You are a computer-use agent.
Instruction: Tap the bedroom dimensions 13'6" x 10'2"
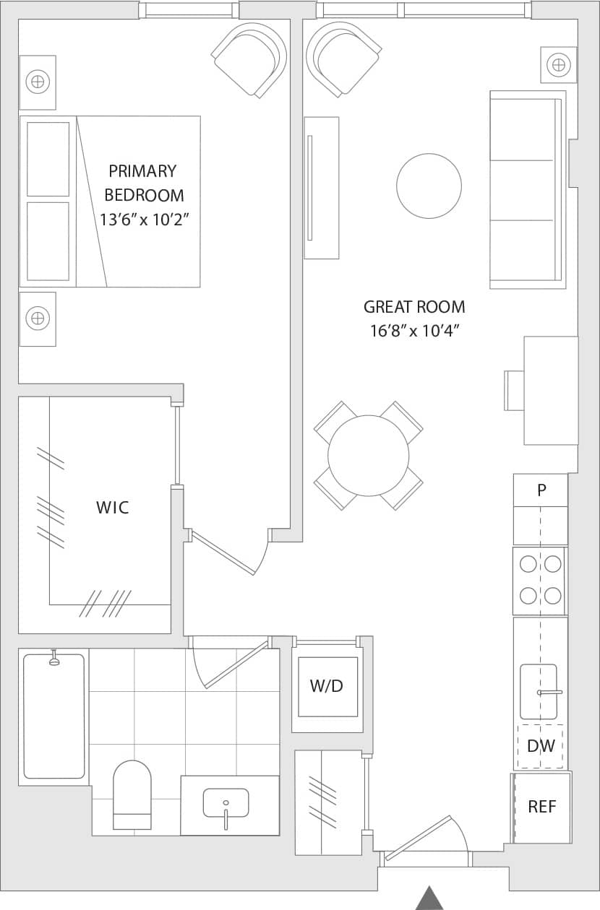[x=144, y=220]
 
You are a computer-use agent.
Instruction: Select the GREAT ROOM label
[x=414, y=307]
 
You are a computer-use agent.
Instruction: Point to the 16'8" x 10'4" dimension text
[x=414, y=331]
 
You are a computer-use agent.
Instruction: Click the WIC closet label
[x=113, y=507]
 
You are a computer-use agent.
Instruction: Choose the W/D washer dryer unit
[x=327, y=686]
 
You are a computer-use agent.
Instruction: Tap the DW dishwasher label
[x=540, y=746]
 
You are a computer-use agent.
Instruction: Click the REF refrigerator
[x=541, y=807]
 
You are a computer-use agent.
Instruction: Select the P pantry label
[x=541, y=490]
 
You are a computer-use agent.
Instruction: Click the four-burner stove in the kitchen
[x=540, y=580]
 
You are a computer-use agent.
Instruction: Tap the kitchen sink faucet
[x=549, y=692]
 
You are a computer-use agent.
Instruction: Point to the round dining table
[x=369, y=456]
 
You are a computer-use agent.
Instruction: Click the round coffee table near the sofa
[x=429, y=186]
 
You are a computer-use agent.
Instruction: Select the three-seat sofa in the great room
[x=526, y=189]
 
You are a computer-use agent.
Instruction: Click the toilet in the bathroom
[x=132, y=794]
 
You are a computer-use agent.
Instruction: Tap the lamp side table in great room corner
[x=558, y=65]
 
